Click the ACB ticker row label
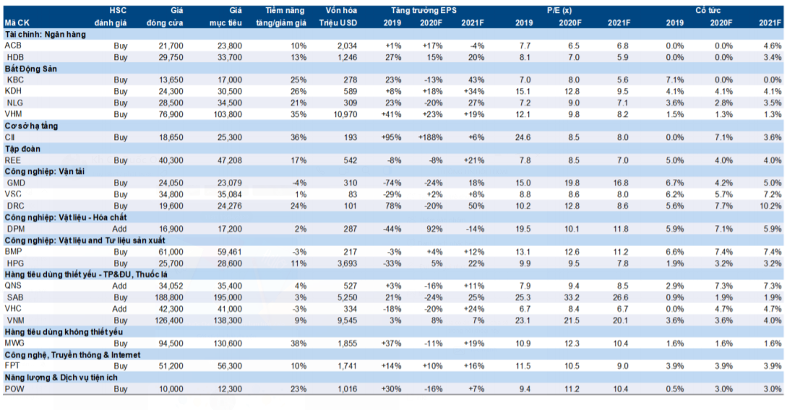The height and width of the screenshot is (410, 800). click(x=13, y=46)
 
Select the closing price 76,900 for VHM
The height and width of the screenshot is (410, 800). click(x=171, y=114)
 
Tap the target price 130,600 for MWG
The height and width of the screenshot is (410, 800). click(x=226, y=344)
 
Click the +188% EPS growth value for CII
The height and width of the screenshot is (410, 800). click(x=431, y=138)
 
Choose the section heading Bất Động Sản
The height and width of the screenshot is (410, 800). click(x=30, y=69)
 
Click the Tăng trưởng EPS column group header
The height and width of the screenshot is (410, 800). click(x=424, y=11)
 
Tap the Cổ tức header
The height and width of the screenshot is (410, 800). click(x=708, y=11)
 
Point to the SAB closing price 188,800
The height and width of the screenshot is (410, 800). click(x=169, y=297)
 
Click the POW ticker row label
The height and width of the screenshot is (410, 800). click(x=14, y=389)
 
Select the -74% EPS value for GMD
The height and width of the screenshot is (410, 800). click(x=392, y=183)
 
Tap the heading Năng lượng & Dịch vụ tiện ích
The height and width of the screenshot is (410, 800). click(x=61, y=378)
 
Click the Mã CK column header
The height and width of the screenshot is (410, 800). click(x=17, y=22)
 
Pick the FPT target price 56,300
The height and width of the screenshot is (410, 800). click(x=228, y=366)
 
